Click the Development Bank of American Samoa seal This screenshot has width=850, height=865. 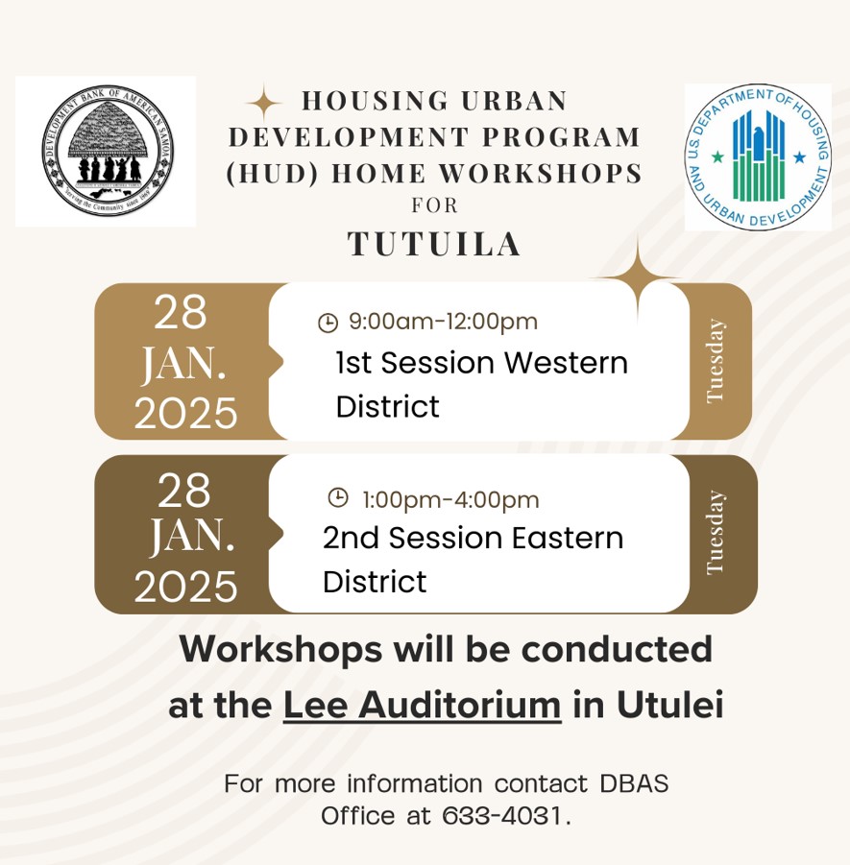click(107, 150)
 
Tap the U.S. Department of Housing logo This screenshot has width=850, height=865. click(758, 156)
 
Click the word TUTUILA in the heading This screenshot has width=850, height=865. click(434, 244)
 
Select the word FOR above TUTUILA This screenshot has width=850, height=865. click(435, 205)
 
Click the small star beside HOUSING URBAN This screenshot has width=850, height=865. click(263, 103)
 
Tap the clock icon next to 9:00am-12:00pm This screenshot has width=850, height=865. click(328, 323)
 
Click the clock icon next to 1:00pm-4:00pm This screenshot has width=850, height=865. click(338, 497)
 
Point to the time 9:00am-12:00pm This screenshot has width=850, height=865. click(443, 322)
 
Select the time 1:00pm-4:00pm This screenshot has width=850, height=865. click(450, 499)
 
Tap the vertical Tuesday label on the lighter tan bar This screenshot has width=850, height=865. click(715, 361)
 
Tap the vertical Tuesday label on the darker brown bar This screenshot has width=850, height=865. click(715, 532)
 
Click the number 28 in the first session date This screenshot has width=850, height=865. click(181, 313)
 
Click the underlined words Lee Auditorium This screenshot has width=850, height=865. click(422, 706)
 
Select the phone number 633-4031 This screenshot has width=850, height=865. click(504, 816)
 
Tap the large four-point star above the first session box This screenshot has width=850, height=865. click(637, 279)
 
